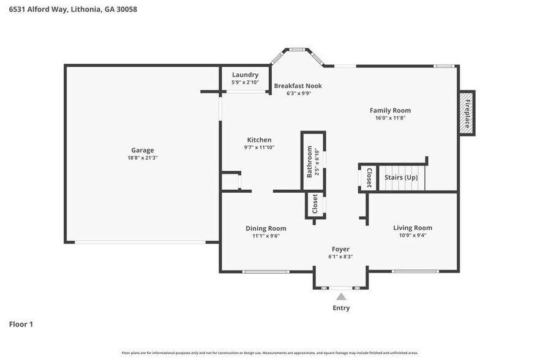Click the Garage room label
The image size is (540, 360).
click(x=142, y=150)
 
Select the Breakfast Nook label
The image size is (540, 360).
click(x=298, y=86)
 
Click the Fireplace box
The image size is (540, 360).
click(x=467, y=113)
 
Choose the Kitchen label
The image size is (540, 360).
click(x=259, y=140)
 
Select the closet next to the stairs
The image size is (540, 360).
click(x=369, y=178)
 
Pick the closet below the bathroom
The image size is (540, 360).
click(x=315, y=204)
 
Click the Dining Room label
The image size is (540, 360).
click(x=266, y=228)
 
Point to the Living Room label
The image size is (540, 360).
click(x=412, y=228)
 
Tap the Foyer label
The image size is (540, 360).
click(x=340, y=249)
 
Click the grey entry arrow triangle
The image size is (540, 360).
click(x=341, y=297)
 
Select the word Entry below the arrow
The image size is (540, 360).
click(x=341, y=308)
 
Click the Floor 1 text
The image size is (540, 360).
click(x=21, y=324)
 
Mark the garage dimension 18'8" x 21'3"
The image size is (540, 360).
click(x=142, y=158)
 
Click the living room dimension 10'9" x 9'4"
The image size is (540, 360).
click(x=412, y=236)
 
